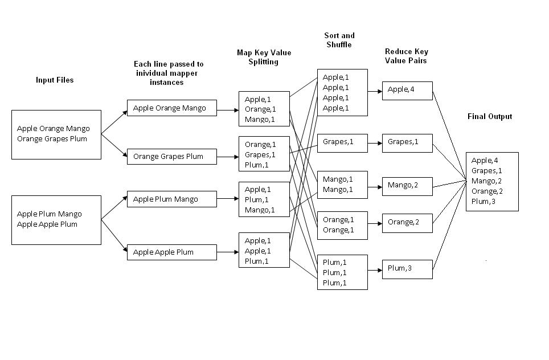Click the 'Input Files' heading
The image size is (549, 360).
coord(55,80)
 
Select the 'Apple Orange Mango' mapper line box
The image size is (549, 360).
coord(171,108)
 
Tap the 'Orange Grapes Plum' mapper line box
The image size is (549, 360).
coord(171,157)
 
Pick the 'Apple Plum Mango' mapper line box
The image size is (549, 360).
coord(171,199)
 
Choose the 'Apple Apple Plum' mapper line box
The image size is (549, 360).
coord(171,252)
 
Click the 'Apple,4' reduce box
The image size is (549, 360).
coord(407,91)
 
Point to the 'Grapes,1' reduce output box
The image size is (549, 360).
coord(407,142)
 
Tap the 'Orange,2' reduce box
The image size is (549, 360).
coord(407,223)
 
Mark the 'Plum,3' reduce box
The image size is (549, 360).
coord(407,269)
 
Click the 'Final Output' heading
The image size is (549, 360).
coord(490,117)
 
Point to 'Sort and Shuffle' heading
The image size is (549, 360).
coord(339,40)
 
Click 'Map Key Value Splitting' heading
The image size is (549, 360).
coord(264,57)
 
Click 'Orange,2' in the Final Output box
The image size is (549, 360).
coord(487,191)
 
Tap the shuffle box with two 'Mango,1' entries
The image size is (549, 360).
coord(342,185)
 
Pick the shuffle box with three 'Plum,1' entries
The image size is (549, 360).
coord(342,273)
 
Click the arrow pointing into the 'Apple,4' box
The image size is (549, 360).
coord(375,91)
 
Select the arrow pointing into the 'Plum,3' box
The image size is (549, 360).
coord(375,268)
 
